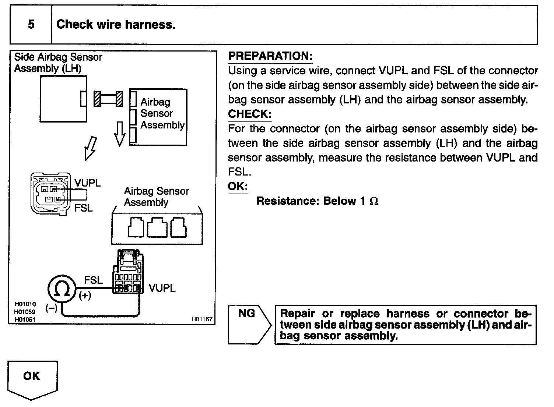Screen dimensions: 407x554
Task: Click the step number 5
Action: (31, 25)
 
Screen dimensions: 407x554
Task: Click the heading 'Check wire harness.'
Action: (116, 25)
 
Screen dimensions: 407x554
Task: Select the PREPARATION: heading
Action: (270, 56)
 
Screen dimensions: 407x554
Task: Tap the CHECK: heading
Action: (249, 114)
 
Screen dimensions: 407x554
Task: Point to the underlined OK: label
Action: (238, 186)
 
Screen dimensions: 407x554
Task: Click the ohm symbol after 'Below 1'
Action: (374, 201)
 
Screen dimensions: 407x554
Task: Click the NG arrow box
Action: (249, 324)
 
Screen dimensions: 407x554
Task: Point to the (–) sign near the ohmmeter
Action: (52, 308)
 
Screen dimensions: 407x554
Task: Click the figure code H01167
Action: (202, 319)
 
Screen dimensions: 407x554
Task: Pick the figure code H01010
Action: (25, 304)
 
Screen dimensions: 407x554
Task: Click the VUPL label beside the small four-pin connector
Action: (87, 183)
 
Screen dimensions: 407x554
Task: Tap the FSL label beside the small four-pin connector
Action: (83, 208)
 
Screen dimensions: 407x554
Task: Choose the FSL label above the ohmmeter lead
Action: (93, 280)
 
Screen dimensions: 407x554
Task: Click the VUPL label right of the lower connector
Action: (162, 288)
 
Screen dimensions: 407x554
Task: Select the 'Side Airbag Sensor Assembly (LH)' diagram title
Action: (58, 63)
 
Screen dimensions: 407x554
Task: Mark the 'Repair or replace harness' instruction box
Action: (405, 325)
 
